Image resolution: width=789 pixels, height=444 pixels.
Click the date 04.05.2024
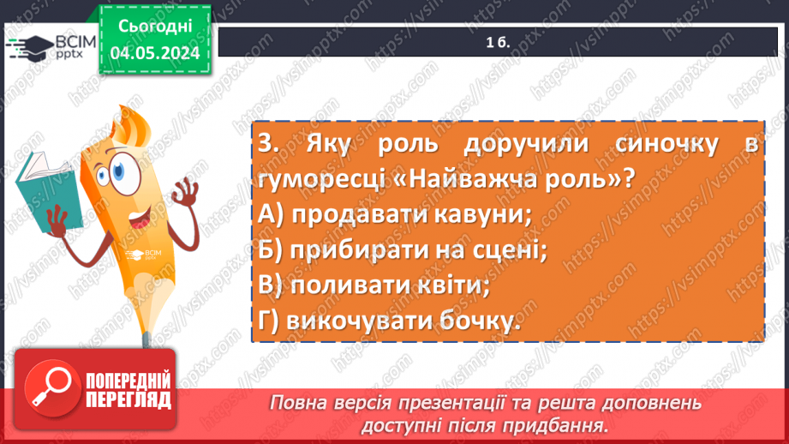tap(154, 52)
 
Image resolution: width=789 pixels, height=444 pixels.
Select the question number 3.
tap(267, 146)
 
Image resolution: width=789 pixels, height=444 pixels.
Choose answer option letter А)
tap(272, 214)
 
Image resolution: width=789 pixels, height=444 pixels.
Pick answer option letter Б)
tap(272, 249)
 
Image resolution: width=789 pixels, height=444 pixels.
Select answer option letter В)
tap(272, 285)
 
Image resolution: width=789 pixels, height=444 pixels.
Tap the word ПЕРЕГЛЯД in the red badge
tap(128, 399)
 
